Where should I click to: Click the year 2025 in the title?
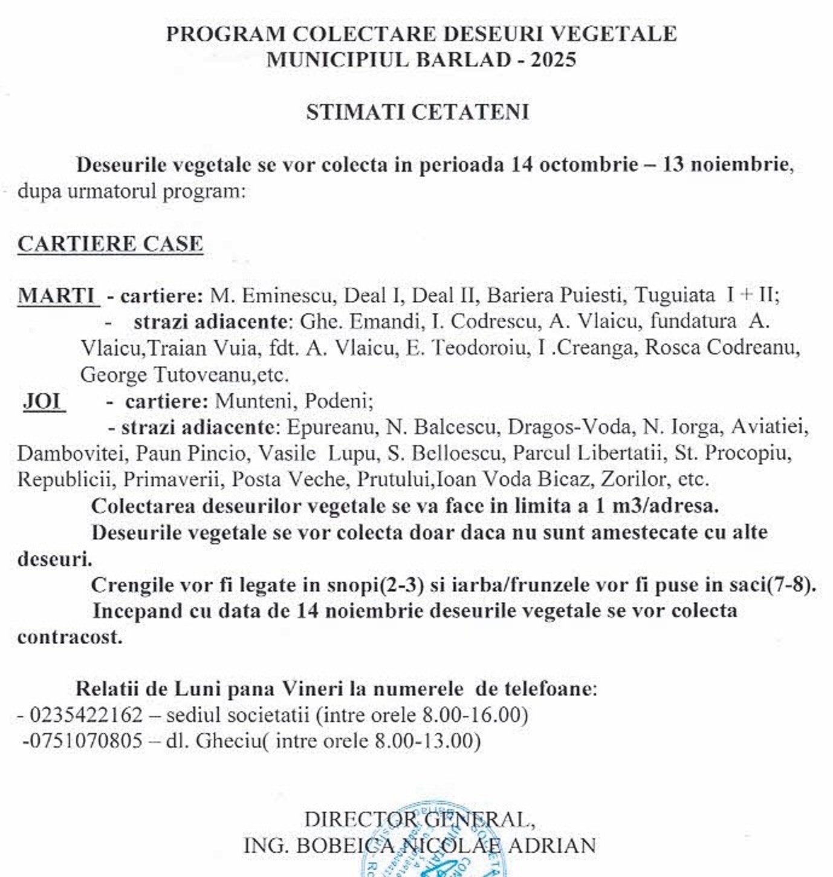pos(553,60)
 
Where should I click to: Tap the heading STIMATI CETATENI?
pos(417,112)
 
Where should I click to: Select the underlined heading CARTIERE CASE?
pos(110,244)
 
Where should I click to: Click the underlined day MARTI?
pos(58,296)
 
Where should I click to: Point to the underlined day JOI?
pos(44,401)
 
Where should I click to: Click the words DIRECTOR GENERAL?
pos(418,820)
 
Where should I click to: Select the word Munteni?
pos(254,401)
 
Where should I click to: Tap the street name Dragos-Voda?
pos(569,427)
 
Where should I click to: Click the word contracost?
pos(70,637)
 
